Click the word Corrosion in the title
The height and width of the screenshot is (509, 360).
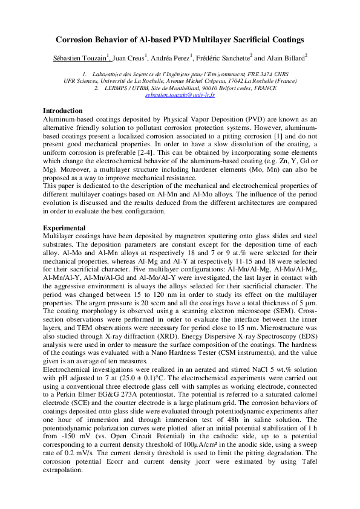click(77, 40)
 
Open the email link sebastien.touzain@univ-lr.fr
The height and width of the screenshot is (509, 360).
click(180, 96)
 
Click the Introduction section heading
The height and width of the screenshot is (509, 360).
click(62, 111)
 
